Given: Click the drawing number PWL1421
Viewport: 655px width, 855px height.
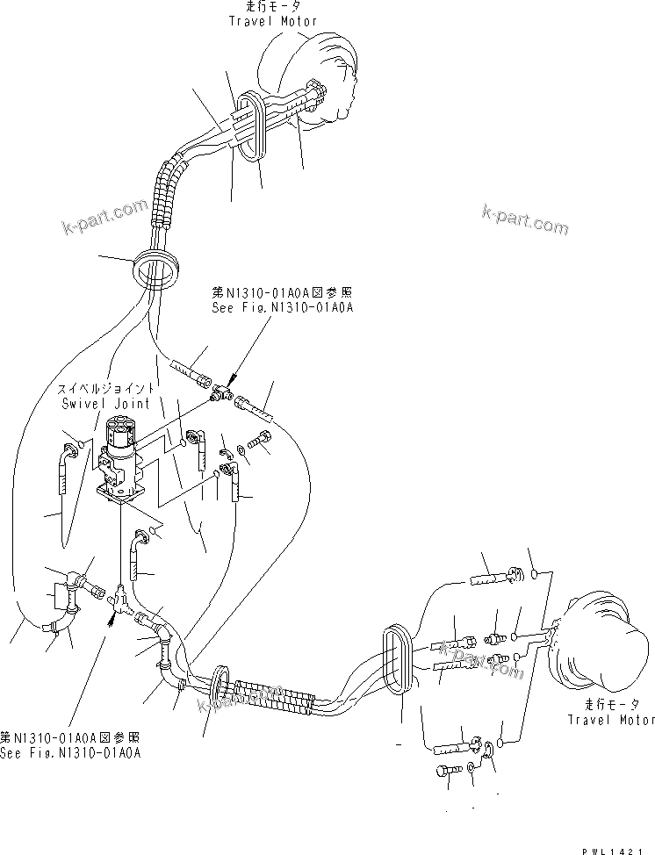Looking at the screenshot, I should [620, 846].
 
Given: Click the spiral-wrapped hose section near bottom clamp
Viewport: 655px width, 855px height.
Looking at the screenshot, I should [272, 693].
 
